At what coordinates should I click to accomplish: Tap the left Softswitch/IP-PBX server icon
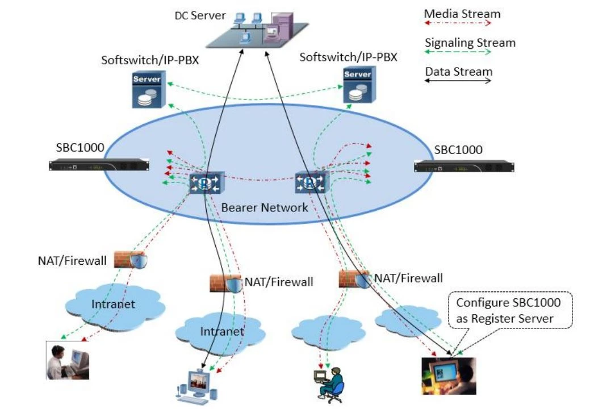coord(146,89)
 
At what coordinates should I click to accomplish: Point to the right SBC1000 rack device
coord(463,165)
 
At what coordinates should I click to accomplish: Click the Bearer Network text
coord(265,207)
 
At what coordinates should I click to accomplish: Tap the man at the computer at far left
coord(68,361)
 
